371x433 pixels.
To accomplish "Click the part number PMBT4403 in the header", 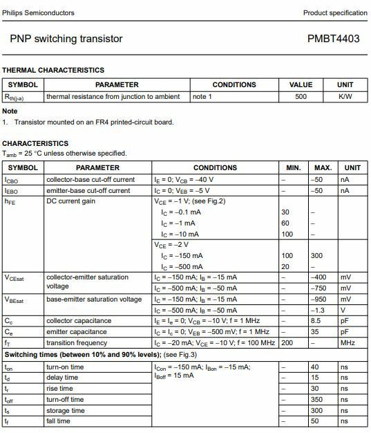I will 333,39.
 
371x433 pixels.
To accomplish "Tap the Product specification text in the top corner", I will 335,13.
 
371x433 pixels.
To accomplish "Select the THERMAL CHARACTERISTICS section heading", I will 53,71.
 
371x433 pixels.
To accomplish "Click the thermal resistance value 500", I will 301,97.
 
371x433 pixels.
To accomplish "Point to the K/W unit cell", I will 345,97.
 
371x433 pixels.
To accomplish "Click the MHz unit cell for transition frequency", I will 348,343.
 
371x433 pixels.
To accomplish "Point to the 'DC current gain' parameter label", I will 71,201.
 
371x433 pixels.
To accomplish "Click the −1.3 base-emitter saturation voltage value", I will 320,310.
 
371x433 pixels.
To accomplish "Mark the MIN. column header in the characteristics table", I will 293,168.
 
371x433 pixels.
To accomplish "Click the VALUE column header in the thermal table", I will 301,85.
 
